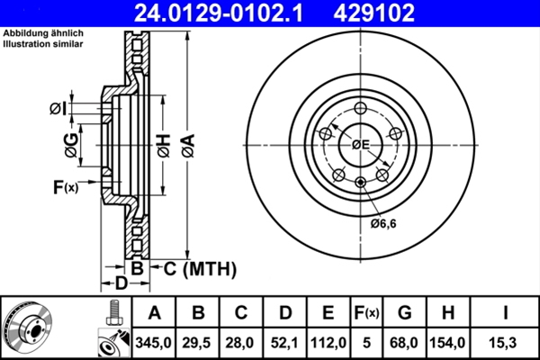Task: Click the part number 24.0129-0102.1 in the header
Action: tap(219, 13)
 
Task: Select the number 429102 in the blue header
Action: tap(374, 13)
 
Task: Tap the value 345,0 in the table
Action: tap(153, 343)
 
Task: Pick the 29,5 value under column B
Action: tap(197, 343)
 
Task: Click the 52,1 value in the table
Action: tap(284, 343)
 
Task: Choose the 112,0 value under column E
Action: tap(328, 343)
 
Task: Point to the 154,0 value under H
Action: tap(447, 343)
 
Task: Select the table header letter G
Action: tap(404, 313)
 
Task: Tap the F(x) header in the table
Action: tap(366, 313)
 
